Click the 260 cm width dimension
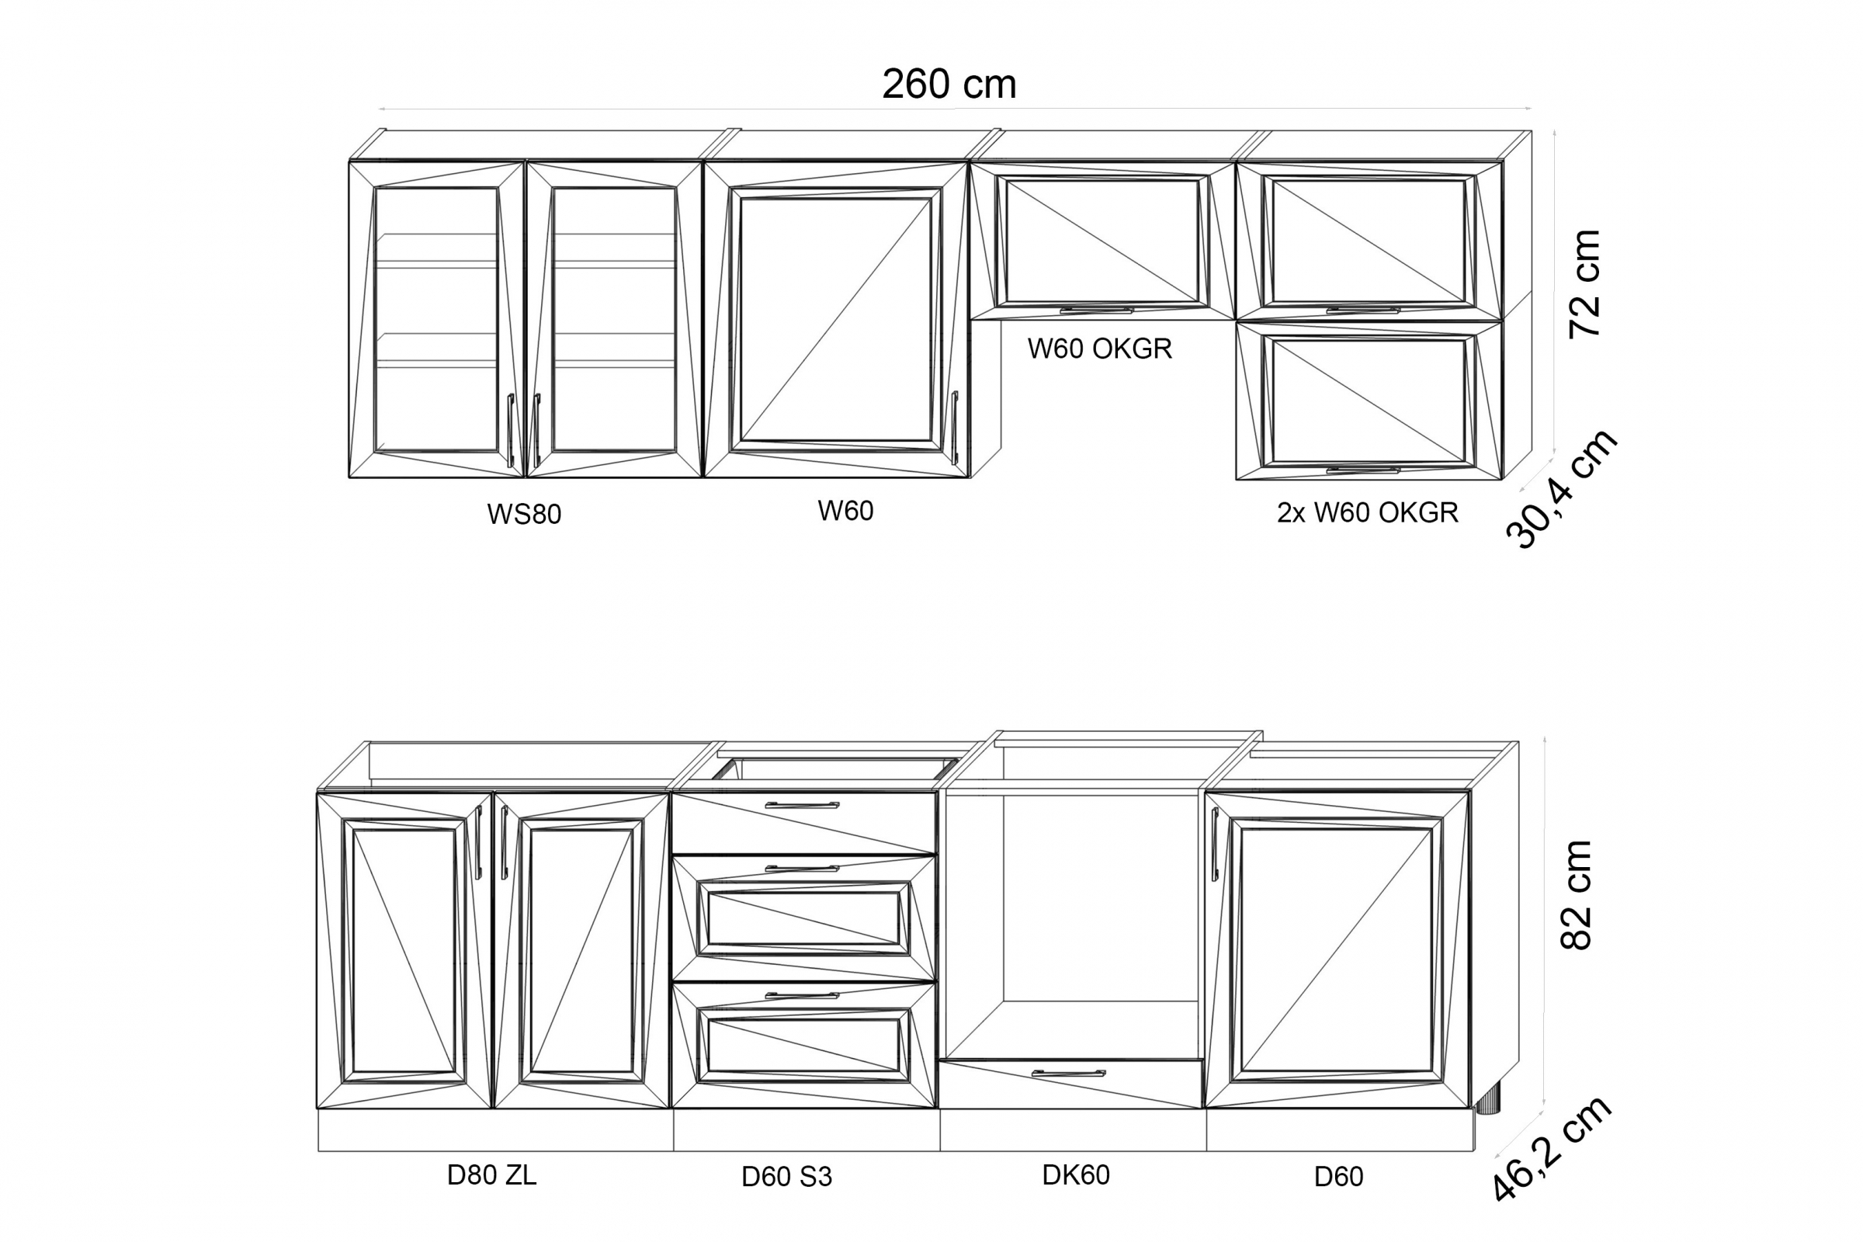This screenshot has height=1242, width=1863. [x=948, y=85]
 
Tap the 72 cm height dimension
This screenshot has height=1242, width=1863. [x=1586, y=283]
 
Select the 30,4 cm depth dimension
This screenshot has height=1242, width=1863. [x=1560, y=490]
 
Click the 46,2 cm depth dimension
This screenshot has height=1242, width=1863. [x=1551, y=1158]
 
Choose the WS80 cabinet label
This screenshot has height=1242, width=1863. [x=523, y=514]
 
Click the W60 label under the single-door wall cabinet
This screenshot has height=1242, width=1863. [x=845, y=511]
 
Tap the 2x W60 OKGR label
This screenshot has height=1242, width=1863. [x=1367, y=513]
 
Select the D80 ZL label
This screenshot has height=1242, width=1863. [x=491, y=1174]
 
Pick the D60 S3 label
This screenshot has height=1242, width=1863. [x=786, y=1177]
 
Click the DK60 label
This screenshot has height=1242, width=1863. [x=1075, y=1174]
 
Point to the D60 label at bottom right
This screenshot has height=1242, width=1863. [x=1337, y=1177]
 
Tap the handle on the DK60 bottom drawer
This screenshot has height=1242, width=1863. [x=1068, y=1074]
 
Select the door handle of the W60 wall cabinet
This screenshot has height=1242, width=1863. [x=955, y=428]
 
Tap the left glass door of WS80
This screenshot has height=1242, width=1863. [x=436, y=319]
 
